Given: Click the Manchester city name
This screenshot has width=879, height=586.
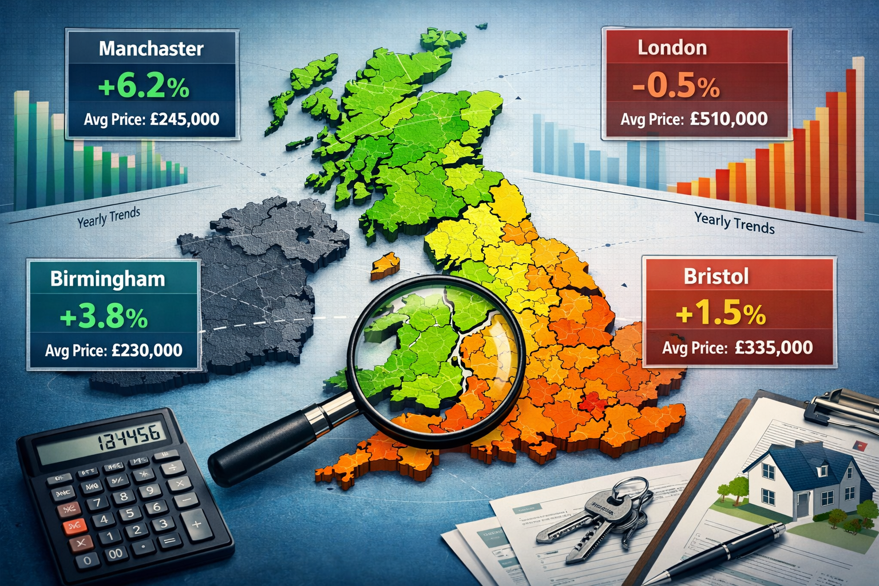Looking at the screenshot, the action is (151, 49).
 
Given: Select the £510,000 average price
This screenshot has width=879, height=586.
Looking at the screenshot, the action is (728, 119).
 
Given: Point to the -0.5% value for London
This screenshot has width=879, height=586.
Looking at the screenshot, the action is (676, 87).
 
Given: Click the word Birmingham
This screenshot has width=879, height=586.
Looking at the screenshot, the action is (108, 279).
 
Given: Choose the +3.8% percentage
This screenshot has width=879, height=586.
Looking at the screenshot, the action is (104, 318).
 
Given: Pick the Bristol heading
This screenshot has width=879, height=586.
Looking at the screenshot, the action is (716, 277).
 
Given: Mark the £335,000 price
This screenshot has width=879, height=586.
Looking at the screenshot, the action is (773, 347).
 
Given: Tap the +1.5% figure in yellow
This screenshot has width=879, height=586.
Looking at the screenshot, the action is (720, 314).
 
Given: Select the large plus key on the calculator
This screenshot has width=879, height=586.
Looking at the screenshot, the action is (196, 523).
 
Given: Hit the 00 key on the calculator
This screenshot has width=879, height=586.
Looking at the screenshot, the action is (116, 553).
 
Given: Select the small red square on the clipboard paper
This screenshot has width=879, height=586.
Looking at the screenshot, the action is (859, 445).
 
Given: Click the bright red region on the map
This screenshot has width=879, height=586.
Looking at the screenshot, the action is (592, 402).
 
